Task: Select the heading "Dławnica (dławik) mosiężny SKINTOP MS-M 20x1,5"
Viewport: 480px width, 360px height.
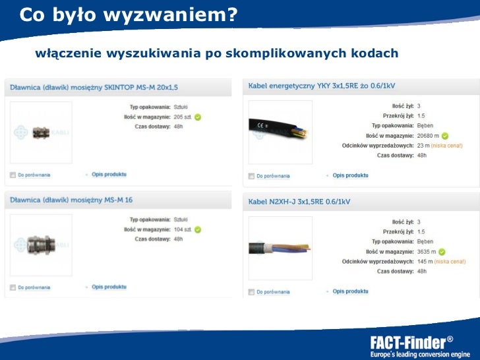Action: [94, 86]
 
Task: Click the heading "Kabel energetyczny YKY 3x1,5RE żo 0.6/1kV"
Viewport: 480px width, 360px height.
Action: [321, 86]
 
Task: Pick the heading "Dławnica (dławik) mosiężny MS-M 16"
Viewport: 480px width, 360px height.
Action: [71, 199]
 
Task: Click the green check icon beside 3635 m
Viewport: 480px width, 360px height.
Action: [441, 251]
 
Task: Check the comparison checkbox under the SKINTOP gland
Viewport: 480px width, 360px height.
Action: [13, 175]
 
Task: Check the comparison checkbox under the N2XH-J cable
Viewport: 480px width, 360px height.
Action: [251, 291]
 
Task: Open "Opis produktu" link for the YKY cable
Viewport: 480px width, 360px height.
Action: [350, 175]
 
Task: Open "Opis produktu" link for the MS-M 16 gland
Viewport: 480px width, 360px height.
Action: [109, 287]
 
